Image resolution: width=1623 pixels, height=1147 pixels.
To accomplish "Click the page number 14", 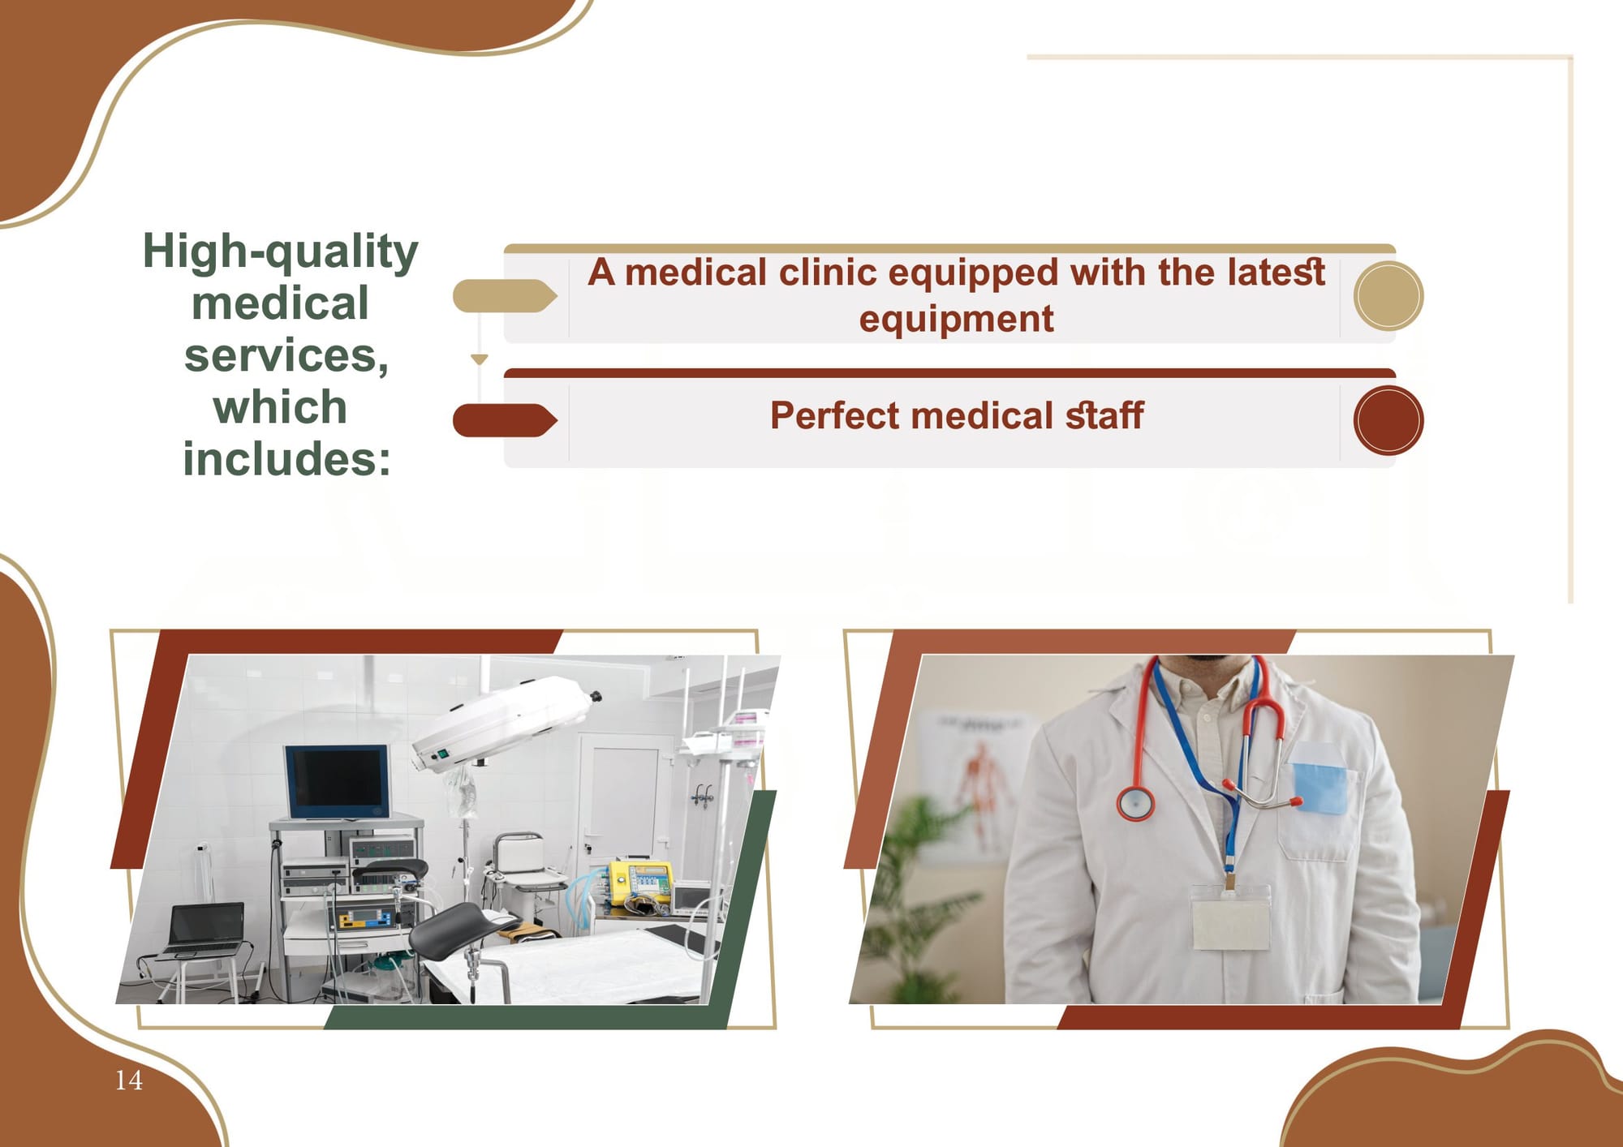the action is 129,1080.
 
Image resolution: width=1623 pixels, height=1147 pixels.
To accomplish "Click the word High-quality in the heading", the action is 280,251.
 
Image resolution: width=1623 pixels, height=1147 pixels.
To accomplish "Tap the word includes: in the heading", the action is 287,459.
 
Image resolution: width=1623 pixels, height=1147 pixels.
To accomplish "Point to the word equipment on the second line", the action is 956,319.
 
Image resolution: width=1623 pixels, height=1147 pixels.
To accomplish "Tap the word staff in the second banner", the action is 1104,415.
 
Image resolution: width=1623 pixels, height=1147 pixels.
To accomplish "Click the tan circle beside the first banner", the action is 1388,296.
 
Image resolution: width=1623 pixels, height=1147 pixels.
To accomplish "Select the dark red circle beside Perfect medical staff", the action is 1388,420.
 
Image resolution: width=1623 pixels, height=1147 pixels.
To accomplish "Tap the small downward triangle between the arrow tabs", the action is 480,359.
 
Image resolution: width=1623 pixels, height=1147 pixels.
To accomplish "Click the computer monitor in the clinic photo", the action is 338,782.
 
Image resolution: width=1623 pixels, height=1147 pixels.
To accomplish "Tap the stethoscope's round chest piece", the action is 1135,803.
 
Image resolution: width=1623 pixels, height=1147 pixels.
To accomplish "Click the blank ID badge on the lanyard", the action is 1230,917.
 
